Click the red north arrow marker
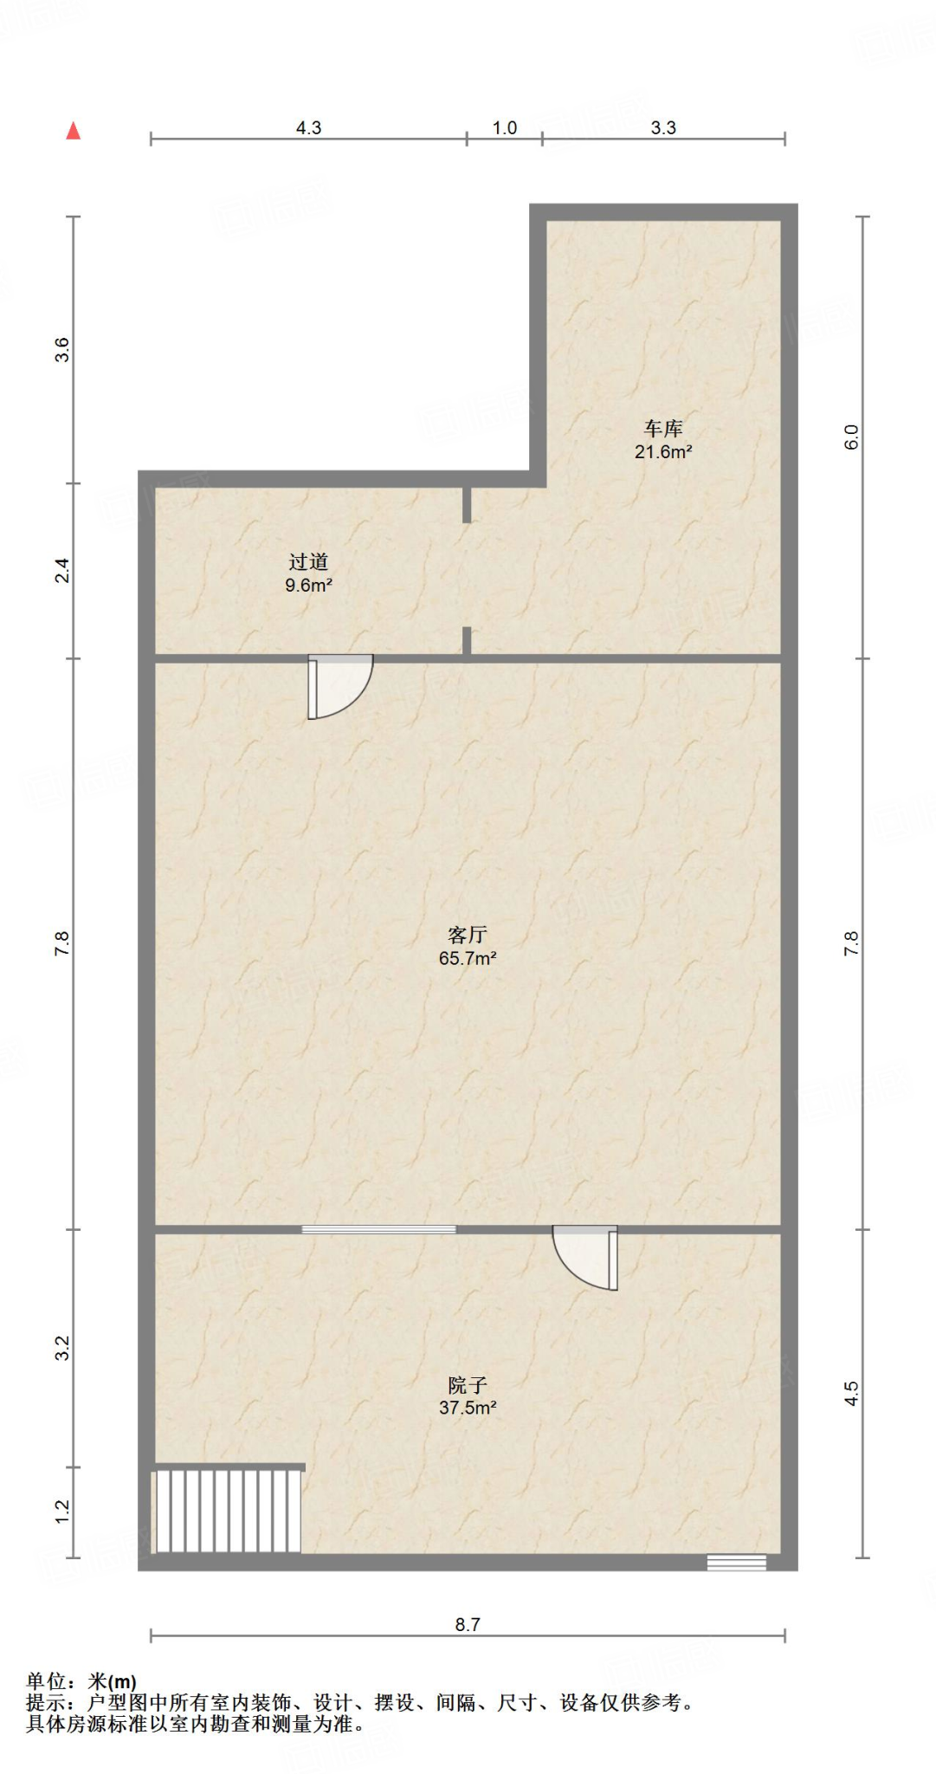coord(74,131)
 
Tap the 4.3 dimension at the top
coord(308,127)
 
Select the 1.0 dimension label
coord(505,127)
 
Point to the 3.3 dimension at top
coord(663,127)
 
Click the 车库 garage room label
coord(663,428)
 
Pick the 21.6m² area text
coord(663,451)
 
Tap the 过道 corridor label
coord(308,562)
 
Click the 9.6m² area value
coord(308,586)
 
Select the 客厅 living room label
coord(468,935)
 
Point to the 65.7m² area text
coord(468,958)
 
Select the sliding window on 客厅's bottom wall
coord(378,1229)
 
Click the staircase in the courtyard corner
coord(228,1512)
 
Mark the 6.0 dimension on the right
coord(851,437)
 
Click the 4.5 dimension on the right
coord(851,1393)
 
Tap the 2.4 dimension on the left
coord(62,571)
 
